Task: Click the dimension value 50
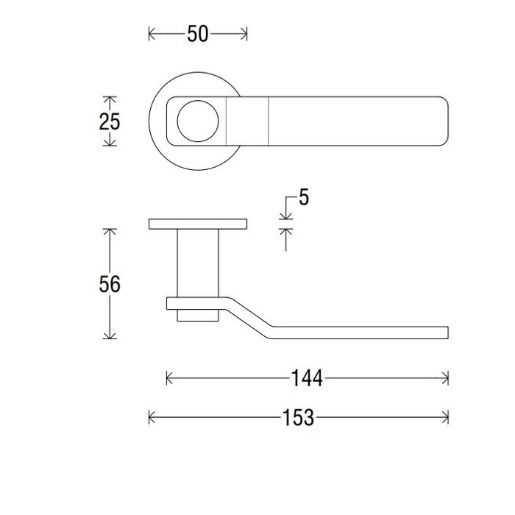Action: [198, 34]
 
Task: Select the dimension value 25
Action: [109, 121]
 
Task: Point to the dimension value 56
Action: [109, 284]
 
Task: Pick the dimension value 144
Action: [307, 379]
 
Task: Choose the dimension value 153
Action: [298, 418]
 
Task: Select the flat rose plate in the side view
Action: [198, 224]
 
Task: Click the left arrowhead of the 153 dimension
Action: [152, 418]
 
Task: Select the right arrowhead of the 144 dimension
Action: [445, 379]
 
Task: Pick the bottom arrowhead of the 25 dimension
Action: [109, 143]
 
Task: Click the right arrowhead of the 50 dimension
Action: [244, 34]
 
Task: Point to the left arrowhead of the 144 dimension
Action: [170, 379]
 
